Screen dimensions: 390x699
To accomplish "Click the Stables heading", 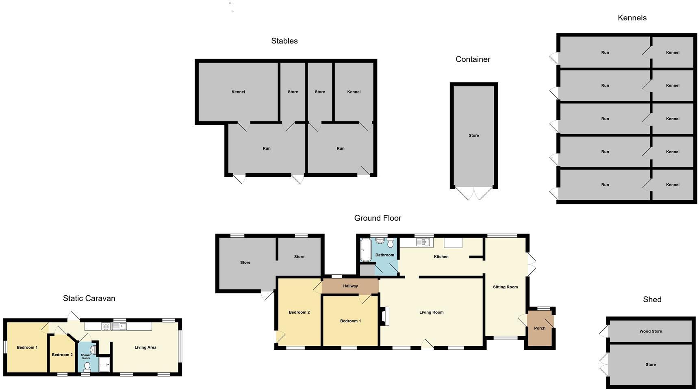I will point(284,41).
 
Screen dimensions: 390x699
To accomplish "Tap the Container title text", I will point(473,59).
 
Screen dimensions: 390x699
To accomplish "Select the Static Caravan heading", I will point(89,299).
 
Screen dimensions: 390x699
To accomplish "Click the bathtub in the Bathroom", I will point(365,249).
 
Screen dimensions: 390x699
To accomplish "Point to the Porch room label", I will point(540,328).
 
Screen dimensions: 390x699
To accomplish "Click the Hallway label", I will point(350,286).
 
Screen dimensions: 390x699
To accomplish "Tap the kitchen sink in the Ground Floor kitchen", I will point(423,243).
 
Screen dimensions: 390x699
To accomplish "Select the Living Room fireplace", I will point(385,316).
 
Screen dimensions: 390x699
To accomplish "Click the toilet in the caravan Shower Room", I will point(87,366).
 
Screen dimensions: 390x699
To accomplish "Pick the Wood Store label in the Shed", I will point(651,331).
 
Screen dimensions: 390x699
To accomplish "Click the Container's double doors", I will point(474,193).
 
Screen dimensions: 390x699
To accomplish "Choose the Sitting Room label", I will point(505,287).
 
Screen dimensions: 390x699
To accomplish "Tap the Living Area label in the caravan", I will point(145,348).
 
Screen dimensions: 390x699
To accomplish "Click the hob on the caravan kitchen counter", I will point(106,326).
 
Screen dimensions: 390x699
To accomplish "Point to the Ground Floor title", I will point(378,218).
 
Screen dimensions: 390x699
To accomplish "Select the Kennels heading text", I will point(632,18).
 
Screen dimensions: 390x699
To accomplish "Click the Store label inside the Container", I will point(474,136).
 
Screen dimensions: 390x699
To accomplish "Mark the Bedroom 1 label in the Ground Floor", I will point(350,321).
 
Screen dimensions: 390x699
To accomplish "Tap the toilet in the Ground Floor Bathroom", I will point(391,243).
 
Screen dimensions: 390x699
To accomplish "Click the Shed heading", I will point(652,300).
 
